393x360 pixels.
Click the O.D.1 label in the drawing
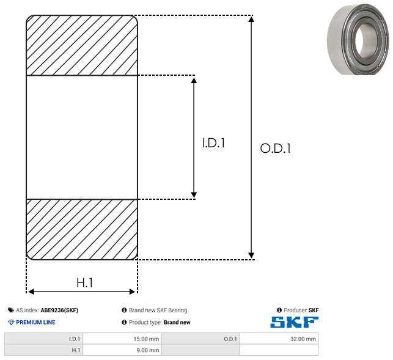(276, 148)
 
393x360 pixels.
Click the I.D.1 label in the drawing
(213, 143)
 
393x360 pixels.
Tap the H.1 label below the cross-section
(85, 283)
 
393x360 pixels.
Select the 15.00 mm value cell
(122, 339)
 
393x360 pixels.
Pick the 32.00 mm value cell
(279, 339)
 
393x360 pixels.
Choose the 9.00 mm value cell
(122, 350)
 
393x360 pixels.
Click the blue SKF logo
(294, 322)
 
